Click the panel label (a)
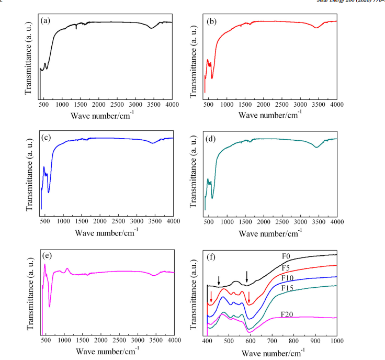point(46,21)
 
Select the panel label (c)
point(46,138)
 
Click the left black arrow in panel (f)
point(219,280)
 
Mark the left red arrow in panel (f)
point(211,297)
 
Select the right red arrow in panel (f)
point(249,297)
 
